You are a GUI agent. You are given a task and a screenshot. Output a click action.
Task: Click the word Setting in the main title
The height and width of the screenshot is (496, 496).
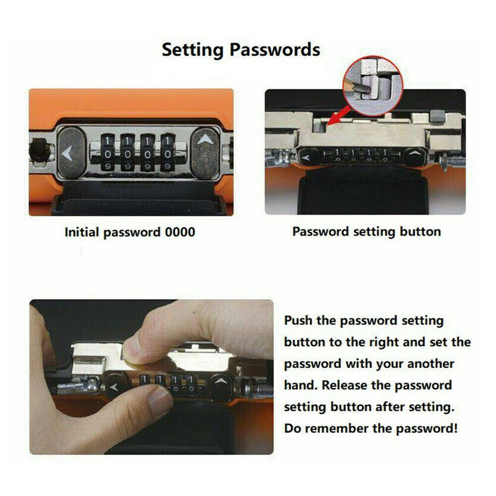(x=192, y=50)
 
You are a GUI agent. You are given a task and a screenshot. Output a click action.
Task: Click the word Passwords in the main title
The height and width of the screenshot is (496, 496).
(x=275, y=50)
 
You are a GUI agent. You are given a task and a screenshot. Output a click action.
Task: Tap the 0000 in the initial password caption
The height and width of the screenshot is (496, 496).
(x=180, y=232)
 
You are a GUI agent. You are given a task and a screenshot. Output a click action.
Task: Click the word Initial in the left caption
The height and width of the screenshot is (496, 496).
(x=82, y=232)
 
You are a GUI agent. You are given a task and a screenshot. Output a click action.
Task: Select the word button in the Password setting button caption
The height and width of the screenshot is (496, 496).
(x=420, y=232)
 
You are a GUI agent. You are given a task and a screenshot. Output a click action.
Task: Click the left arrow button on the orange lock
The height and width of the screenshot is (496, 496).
(x=71, y=153)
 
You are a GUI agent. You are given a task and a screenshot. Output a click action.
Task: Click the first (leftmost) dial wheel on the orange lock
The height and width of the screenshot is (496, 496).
(x=108, y=153)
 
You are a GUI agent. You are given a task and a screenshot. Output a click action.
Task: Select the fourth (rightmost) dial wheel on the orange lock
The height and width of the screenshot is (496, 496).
(x=168, y=153)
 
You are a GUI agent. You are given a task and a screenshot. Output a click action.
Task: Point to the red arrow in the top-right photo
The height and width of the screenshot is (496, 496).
(x=338, y=116)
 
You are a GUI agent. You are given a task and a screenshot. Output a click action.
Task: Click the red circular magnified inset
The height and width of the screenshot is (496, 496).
(x=372, y=85)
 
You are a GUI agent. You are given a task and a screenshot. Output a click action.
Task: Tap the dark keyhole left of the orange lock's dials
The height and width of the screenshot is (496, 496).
(x=39, y=151)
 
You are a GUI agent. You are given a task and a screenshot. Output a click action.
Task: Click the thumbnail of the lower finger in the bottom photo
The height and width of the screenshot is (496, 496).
(x=160, y=399)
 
